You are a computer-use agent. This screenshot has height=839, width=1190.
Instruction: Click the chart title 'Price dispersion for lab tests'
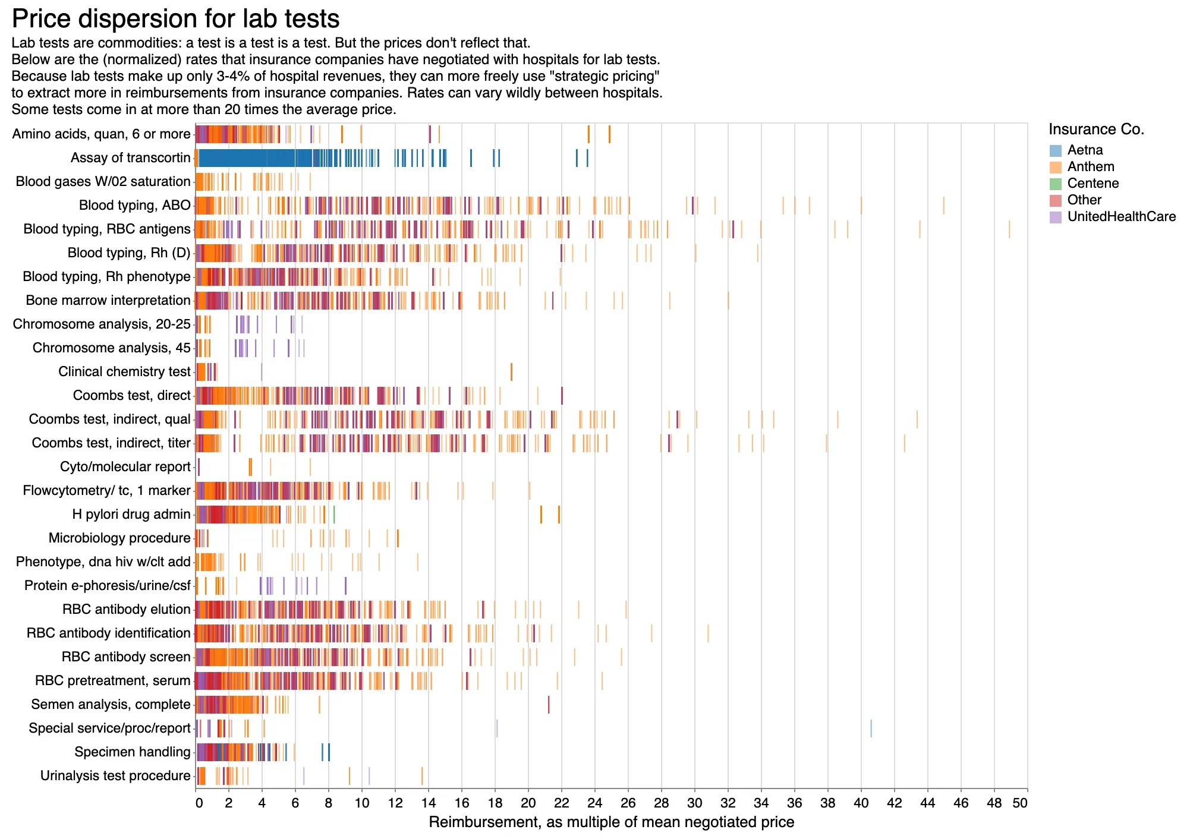[x=176, y=19]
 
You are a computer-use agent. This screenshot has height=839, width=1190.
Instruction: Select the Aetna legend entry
[x=1085, y=150]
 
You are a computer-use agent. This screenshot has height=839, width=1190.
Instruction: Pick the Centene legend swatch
[x=1055, y=184]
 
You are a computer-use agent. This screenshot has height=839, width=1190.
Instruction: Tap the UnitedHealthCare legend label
[x=1121, y=217]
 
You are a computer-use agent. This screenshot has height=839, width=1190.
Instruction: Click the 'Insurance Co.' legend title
[x=1096, y=130]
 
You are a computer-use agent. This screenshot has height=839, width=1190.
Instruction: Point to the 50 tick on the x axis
[x=1020, y=803]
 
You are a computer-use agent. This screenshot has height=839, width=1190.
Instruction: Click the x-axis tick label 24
[x=595, y=803]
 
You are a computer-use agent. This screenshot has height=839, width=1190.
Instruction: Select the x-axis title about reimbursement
[x=611, y=822]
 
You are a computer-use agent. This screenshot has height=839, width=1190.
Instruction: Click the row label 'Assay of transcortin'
[x=130, y=158]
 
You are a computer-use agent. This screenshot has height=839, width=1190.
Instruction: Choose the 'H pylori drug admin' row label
[x=131, y=515]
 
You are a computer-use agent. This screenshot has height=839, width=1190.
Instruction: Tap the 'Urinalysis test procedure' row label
[x=115, y=776]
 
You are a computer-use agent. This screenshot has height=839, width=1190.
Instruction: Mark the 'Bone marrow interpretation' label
[x=108, y=301]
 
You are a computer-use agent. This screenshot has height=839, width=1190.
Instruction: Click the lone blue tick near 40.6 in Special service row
[x=871, y=728]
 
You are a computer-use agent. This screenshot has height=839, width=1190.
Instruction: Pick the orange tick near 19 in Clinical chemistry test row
[x=511, y=372]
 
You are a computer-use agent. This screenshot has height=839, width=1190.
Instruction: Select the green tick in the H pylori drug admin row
[x=334, y=515]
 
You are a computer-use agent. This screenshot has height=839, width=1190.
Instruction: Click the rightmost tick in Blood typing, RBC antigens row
[x=1009, y=229]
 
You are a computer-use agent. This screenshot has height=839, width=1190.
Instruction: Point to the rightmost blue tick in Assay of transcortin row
[x=587, y=158]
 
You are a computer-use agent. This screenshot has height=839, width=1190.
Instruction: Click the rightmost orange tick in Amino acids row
[x=609, y=134]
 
